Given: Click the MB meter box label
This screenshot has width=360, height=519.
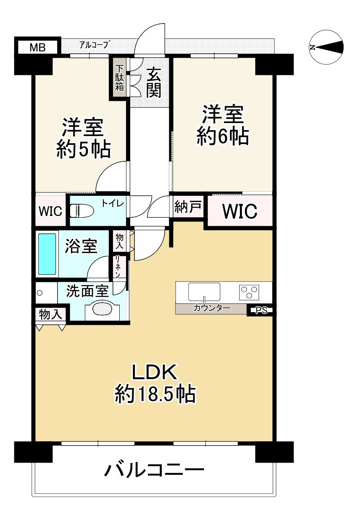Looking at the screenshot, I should [x=37, y=47].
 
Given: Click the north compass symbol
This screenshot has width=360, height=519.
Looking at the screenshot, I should [x=326, y=47].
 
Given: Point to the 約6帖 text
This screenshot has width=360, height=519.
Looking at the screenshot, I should [x=223, y=137].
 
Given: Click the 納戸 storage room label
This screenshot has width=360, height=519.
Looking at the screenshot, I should [x=189, y=207].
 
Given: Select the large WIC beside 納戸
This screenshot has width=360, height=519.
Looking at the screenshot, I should [x=240, y=211].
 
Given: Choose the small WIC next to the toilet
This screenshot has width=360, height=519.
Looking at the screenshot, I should [x=50, y=211].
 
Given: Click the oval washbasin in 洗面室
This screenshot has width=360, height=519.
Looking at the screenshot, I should [x=102, y=309].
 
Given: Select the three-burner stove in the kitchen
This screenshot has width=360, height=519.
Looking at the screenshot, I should [x=250, y=292].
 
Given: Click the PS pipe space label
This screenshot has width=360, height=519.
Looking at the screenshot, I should [x=261, y=311].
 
